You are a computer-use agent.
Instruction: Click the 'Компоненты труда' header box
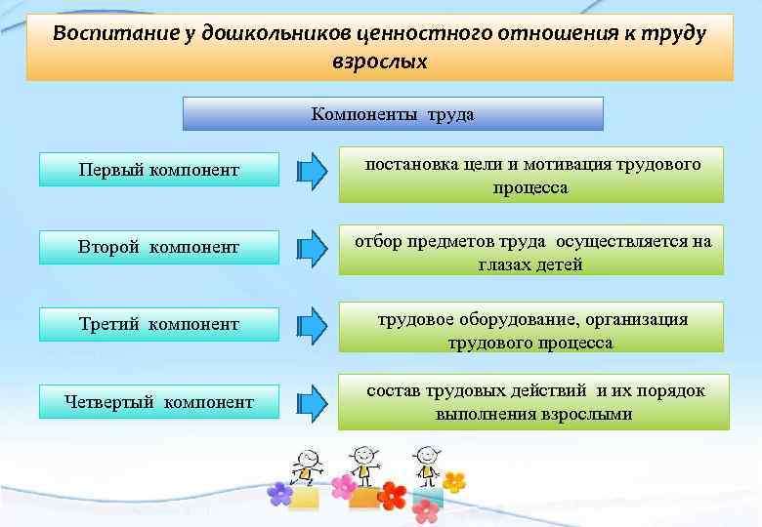393,114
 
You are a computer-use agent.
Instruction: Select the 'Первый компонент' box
158,170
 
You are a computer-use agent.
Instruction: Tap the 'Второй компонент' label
158,247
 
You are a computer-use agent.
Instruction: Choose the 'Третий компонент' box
158,324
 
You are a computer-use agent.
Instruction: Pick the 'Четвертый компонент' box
158,401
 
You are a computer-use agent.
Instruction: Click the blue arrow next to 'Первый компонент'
312,170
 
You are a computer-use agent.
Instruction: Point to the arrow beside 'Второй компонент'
312,246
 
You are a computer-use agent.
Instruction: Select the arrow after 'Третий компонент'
312,323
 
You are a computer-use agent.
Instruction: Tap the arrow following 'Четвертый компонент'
312,400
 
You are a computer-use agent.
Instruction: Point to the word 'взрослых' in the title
379,61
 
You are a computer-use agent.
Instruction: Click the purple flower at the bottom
280,493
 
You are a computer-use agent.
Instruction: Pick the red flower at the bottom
393,495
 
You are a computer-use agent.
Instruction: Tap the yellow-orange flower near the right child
454,481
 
